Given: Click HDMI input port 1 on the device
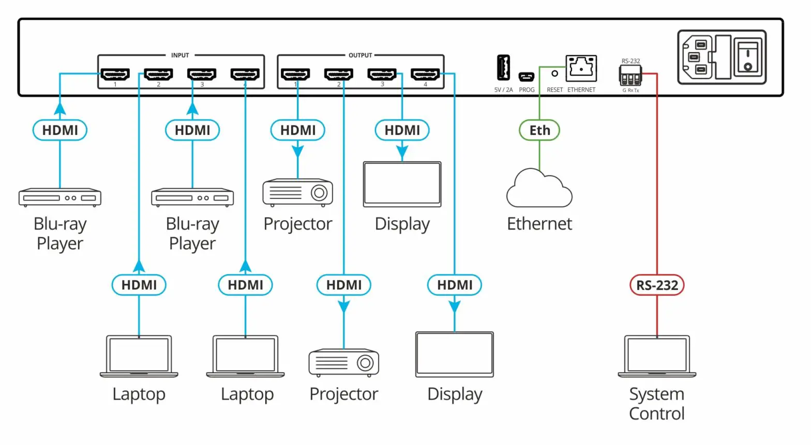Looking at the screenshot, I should [x=115, y=74].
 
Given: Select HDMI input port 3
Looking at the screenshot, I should [x=202, y=74].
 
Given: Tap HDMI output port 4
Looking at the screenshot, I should [x=425, y=74].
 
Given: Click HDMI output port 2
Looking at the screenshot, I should [x=339, y=74].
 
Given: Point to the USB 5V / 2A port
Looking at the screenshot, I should [x=503, y=68].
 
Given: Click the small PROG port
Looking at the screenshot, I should [x=527, y=77].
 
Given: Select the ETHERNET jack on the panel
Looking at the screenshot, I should [x=581, y=68].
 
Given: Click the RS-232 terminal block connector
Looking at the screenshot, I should [x=630, y=78].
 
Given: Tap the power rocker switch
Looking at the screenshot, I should [x=747, y=57].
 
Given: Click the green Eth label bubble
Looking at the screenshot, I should [x=539, y=130].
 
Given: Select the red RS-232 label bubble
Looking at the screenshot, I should [x=657, y=285].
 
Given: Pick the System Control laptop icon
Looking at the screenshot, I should [x=657, y=356].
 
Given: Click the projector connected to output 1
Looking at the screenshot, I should [x=298, y=193].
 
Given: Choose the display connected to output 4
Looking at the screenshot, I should [x=455, y=355].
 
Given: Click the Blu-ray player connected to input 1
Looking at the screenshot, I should [x=60, y=197].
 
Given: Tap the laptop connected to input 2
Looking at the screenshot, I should [x=139, y=356].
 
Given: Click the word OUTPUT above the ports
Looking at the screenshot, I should [x=361, y=55].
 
